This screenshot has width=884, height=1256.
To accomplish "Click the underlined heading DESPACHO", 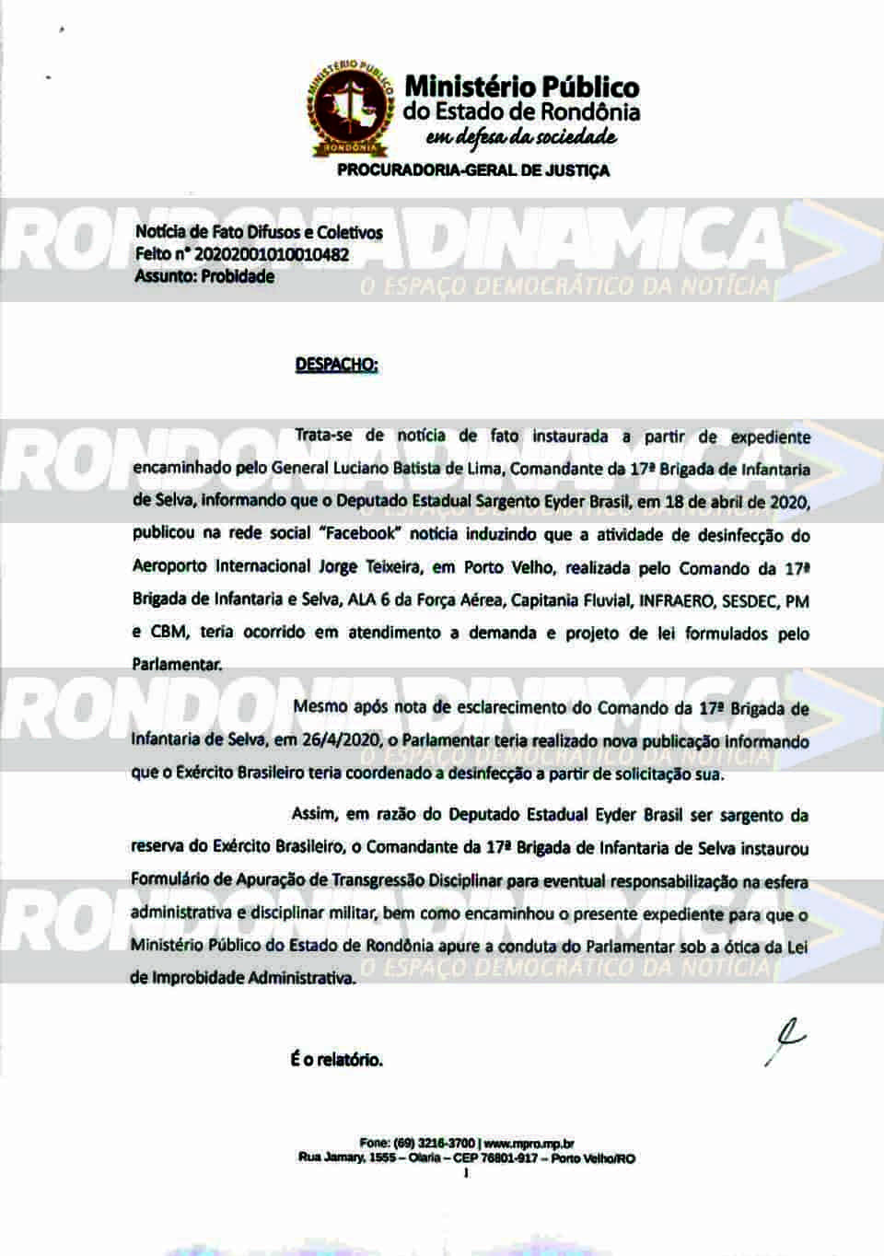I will tap(336, 364).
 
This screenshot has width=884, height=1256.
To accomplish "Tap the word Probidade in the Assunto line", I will tap(238, 275).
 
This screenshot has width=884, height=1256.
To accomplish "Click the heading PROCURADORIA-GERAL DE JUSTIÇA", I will tap(473, 170).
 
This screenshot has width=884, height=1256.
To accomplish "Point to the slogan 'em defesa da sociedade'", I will tap(520, 138).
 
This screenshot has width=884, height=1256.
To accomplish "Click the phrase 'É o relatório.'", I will tap(336, 1060).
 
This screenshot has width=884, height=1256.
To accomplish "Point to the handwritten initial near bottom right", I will tap(785, 1041).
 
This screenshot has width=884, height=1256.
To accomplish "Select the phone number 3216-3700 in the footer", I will tap(444, 1144).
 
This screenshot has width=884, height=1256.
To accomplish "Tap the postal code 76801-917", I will tap(507, 1158).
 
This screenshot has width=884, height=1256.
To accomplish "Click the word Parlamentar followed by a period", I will tap(177, 665).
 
